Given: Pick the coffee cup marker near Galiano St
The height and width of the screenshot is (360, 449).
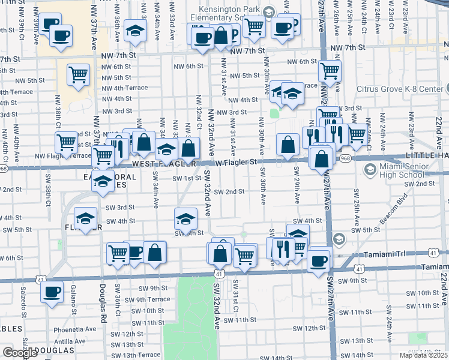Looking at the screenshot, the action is click(52, 292).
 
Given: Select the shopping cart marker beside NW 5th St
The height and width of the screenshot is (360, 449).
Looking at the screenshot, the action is click(78, 74).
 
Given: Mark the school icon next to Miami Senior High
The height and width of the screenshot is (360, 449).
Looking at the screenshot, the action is click(370, 170).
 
